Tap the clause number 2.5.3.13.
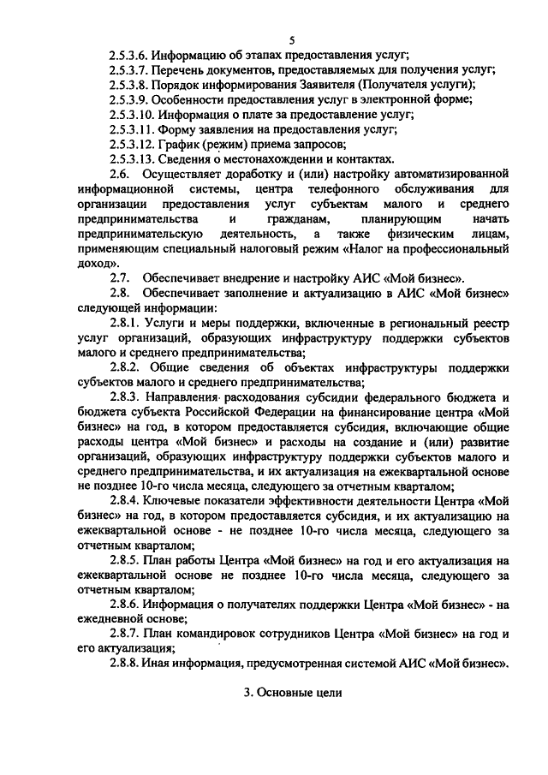click(134, 158)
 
